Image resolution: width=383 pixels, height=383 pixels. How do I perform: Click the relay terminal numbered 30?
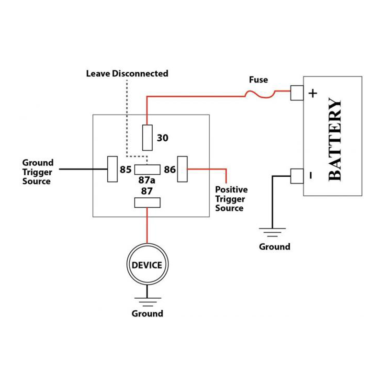[147, 137]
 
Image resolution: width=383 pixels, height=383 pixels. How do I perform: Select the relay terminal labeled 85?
[113, 169]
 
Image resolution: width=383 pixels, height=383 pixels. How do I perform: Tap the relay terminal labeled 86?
[182, 169]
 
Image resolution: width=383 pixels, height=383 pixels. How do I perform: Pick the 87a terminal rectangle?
[147, 169]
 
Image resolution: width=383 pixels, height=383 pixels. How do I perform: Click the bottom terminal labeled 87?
[147, 203]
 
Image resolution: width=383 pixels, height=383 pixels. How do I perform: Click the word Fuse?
[259, 80]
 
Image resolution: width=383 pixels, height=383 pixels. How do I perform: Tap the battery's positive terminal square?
[297, 93]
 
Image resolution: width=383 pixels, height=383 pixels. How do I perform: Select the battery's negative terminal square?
[297, 176]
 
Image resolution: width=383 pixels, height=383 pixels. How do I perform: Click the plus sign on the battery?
[313, 93]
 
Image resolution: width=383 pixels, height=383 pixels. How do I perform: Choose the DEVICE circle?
[147, 265]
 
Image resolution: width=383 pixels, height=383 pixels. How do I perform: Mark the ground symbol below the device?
[147, 301]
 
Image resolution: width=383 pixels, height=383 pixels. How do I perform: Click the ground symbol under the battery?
[272, 233]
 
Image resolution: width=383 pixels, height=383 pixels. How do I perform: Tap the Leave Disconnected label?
[127, 74]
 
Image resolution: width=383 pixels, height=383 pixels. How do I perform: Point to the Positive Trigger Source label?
[231, 199]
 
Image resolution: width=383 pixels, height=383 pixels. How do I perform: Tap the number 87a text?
[147, 180]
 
